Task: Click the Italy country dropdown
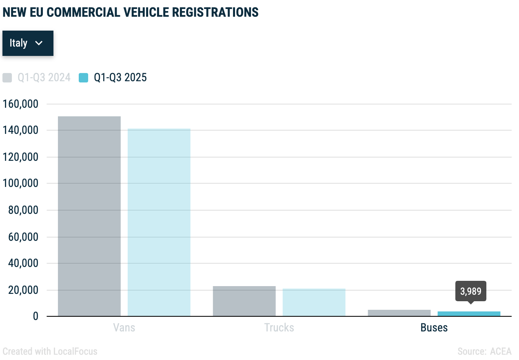pyautogui.click(x=27, y=43)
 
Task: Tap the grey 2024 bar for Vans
pyautogui.click(x=89, y=216)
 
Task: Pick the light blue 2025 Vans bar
pyautogui.click(x=159, y=222)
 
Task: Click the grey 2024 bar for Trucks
pyautogui.click(x=244, y=301)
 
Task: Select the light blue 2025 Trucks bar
pyautogui.click(x=314, y=302)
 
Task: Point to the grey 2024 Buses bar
pyautogui.click(x=399, y=313)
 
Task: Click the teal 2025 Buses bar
pyautogui.click(x=469, y=314)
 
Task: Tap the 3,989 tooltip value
pyautogui.click(x=470, y=291)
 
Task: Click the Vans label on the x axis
pyautogui.click(x=124, y=327)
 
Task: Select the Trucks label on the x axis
pyautogui.click(x=279, y=327)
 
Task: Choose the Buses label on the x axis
pyautogui.click(x=434, y=327)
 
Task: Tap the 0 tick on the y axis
pyautogui.click(x=35, y=317)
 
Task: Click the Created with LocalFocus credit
pyautogui.click(x=50, y=351)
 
